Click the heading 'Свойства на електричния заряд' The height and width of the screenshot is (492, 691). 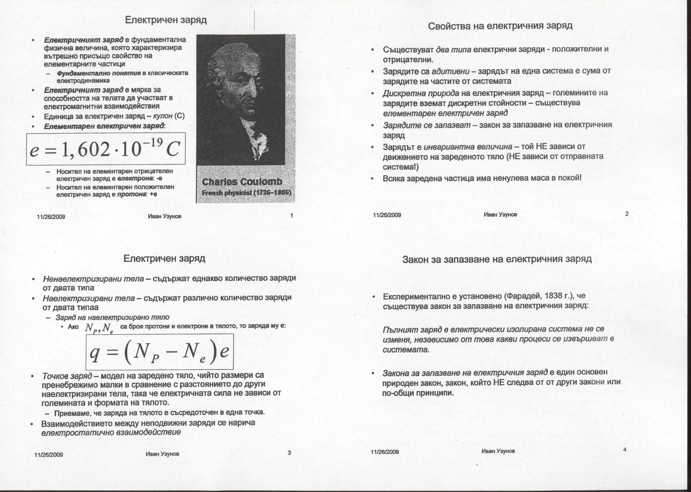(x=500, y=26)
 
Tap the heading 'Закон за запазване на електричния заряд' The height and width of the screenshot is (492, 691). (x=497, y=259)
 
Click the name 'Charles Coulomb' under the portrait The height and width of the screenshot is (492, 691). (x=242, y=182)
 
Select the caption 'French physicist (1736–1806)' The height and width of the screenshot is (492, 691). (x=246, y=193)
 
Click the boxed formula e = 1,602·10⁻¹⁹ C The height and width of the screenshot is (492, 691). (x=106, y=149)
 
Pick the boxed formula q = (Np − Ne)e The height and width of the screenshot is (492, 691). (x=160, y=351)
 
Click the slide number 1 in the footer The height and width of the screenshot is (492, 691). (x=291, y=215)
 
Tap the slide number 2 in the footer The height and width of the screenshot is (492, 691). (x=626, y=214)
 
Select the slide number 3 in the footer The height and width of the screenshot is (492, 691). (x=289, y=452)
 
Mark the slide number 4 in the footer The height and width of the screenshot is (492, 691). (x=624, y=450)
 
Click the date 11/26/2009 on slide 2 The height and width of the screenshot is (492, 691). (x=387, y=215)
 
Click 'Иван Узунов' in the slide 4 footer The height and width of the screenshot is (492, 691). (x=498, y=451)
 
